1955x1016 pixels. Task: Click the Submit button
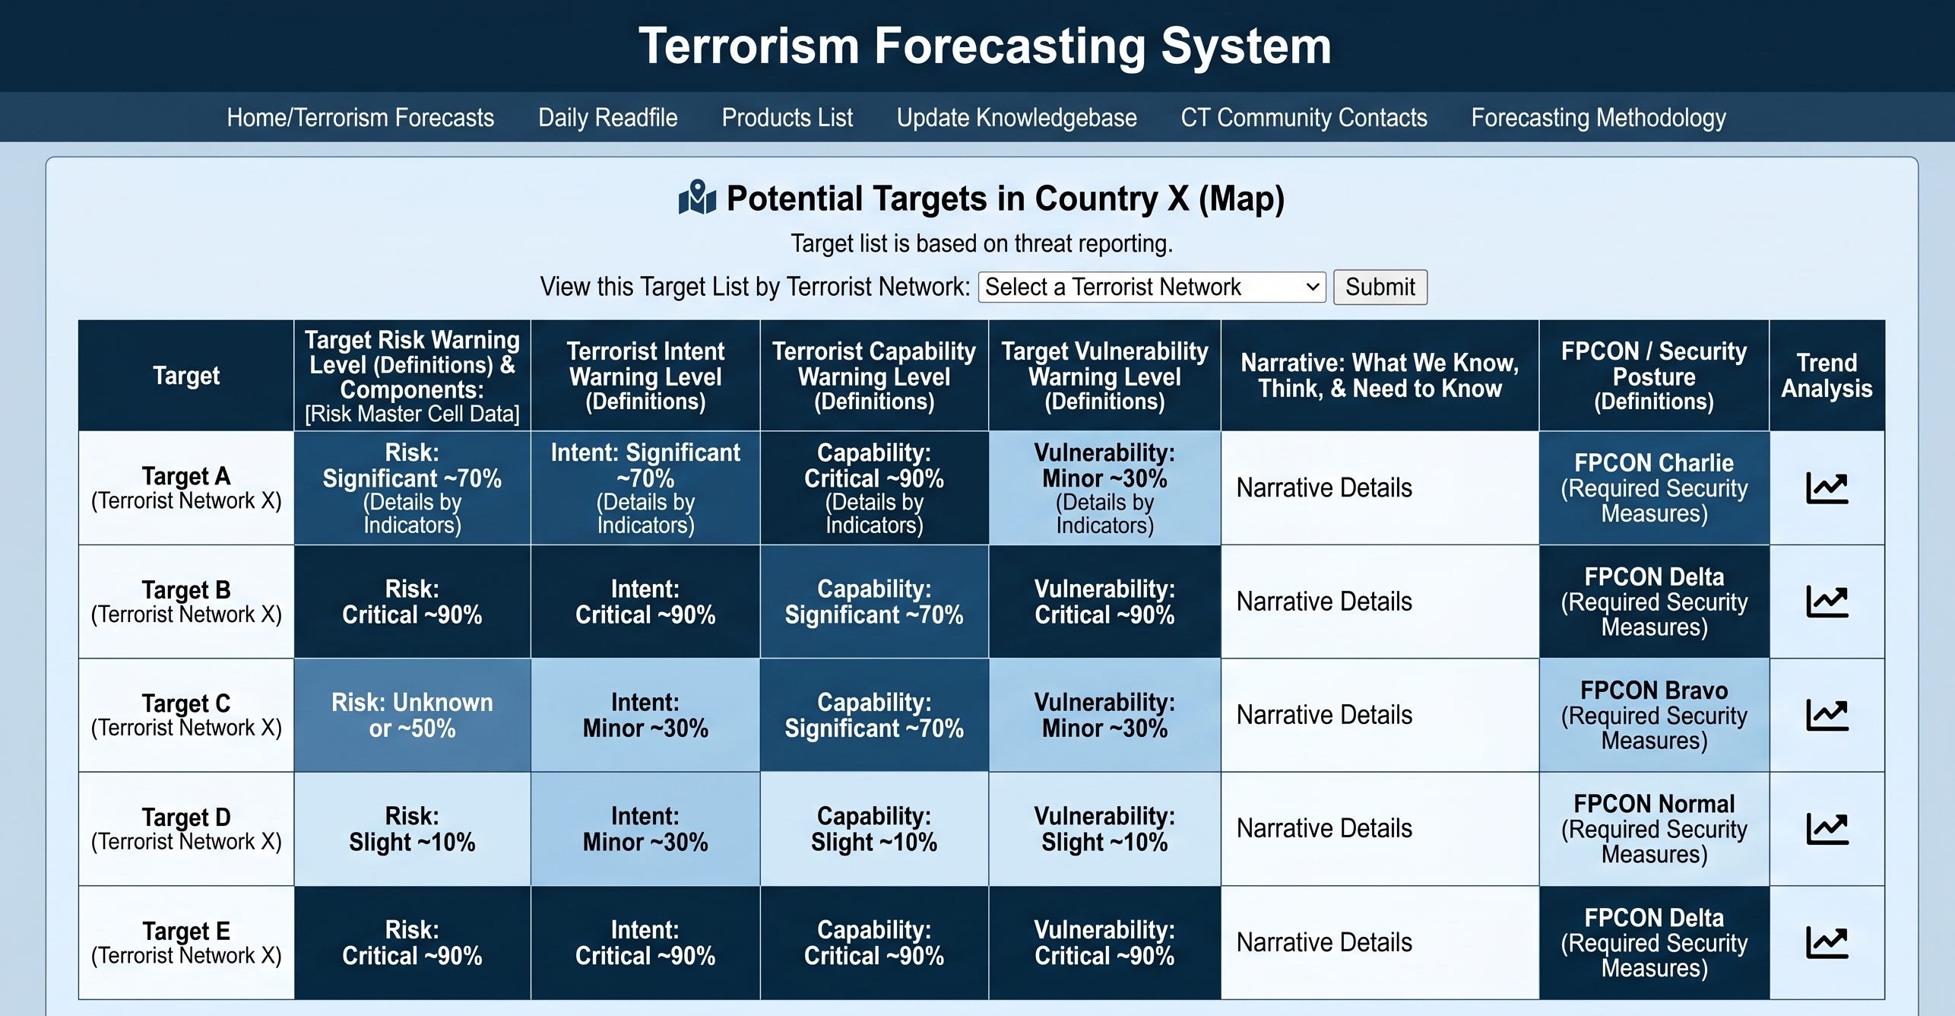1380,287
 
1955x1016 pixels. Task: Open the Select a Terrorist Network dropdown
1152,287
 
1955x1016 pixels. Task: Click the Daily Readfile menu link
607,118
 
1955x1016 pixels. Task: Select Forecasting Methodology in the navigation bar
1598,118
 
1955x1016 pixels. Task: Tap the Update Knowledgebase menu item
1016,118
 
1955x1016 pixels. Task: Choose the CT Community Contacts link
1304,118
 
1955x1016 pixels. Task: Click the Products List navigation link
787,118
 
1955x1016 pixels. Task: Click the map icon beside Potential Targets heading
697,198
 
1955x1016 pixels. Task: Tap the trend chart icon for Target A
1827,488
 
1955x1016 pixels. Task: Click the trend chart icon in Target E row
1827,943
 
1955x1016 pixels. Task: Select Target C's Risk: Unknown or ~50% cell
412,715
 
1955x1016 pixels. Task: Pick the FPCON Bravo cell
1654,715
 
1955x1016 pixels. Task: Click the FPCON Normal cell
1654,829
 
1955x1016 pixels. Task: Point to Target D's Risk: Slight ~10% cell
412,829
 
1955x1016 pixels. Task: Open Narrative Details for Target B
1324,602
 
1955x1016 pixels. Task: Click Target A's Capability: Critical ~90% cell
874,488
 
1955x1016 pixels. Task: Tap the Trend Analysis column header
1827,376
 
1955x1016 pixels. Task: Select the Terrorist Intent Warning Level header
645,376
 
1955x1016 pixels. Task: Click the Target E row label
186,943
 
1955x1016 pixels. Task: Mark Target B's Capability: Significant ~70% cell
874,602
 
